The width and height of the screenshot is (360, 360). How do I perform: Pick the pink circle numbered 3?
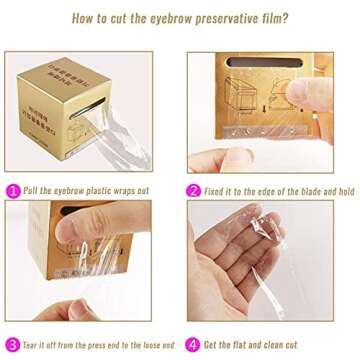pos(13,343)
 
